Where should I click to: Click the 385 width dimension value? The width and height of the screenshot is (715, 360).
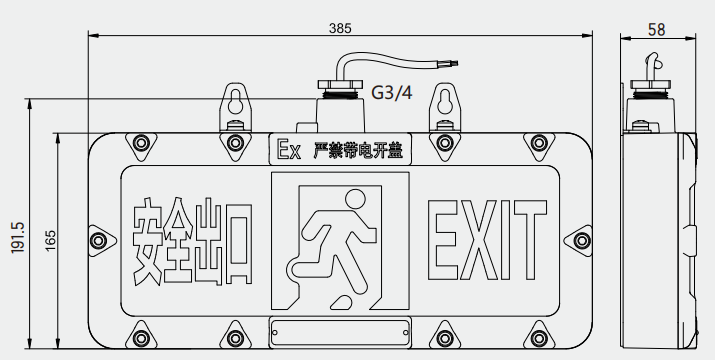(x=340, y=28)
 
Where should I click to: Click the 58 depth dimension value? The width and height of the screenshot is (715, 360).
(x=657, y=30)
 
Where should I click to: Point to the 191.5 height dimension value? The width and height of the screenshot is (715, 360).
(x=18, y=237)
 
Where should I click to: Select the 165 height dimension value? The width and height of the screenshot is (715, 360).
(x=50, y=240)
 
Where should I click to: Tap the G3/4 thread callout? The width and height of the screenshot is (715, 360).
(x=392, y=93)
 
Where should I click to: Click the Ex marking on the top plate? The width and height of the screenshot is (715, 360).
(x=289, y=149)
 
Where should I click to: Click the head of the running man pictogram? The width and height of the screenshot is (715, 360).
(x=355, y=199)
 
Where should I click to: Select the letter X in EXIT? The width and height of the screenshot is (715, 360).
(x=478, y=240)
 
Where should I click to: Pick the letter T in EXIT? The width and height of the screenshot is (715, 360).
(x=530, y=240)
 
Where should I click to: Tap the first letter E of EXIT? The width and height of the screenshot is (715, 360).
(x=442, y=240)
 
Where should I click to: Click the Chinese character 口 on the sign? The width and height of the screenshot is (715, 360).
(x=238, y=243)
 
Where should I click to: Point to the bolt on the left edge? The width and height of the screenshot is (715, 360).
(x=98, y=240)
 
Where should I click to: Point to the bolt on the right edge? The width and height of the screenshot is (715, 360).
(x=582, y=240)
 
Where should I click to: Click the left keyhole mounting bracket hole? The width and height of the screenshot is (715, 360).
(x=235, y=102)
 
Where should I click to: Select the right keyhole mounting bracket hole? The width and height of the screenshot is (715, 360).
(x=445, y=102)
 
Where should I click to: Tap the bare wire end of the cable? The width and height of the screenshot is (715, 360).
(x=452, y=63)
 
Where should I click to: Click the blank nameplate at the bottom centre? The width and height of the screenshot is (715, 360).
(x=340, y=332)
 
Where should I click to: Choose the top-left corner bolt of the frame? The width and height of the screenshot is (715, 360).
(x=141, y=143)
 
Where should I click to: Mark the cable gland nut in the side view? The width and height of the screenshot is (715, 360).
(x=650, y=84)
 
